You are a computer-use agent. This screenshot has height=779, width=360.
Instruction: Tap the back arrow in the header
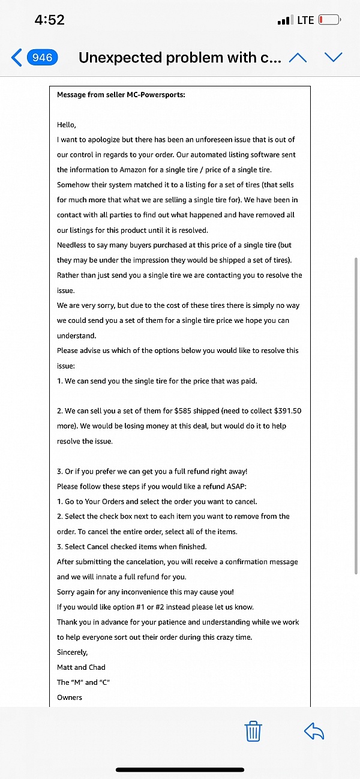17,58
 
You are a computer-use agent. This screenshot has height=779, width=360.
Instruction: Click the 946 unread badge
42,58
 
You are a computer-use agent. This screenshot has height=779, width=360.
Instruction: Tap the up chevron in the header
298,58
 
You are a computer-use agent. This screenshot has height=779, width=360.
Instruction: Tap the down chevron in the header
333,58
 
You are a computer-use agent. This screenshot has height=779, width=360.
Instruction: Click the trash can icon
253,732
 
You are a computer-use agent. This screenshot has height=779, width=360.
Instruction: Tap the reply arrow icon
314,731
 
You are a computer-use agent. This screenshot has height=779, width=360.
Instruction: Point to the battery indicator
329,20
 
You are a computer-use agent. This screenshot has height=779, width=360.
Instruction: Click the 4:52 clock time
49,20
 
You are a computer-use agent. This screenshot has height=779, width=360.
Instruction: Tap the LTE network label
305,20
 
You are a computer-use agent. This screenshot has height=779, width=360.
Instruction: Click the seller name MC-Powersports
155,95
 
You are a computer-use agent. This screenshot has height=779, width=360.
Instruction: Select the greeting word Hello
66,125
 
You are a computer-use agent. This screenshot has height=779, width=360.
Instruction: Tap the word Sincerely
72,652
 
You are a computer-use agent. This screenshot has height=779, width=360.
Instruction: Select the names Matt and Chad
81,667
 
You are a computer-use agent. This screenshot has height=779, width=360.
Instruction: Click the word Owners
70,697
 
